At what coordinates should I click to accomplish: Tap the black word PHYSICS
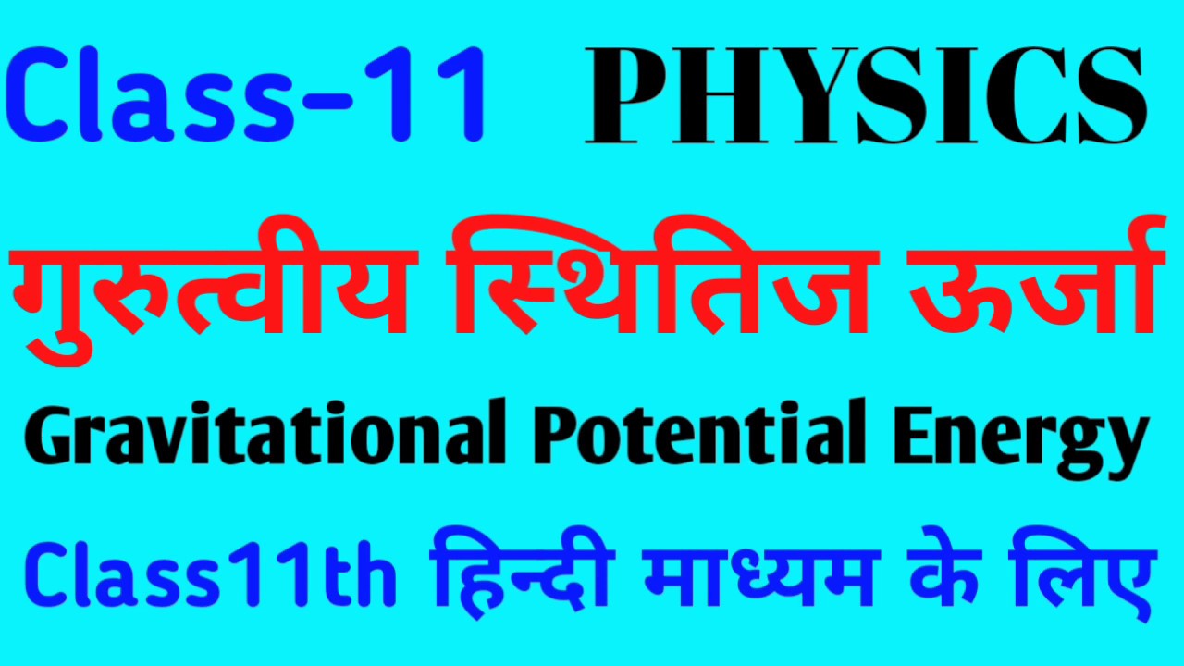[x=865, y=97]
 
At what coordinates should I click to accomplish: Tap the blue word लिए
[x=1091, y=573]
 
